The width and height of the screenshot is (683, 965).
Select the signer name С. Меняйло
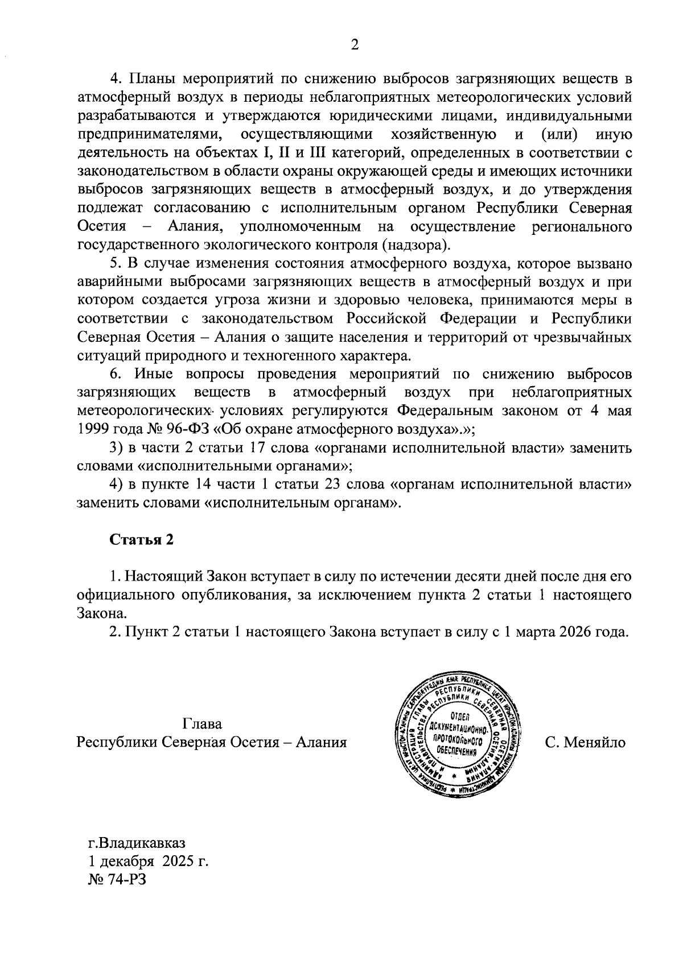pos(585,743)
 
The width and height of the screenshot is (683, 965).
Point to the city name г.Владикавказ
pos(137,842)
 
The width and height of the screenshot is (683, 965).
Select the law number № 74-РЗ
pos(117,879)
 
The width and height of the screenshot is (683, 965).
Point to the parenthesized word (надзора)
pos(415,245)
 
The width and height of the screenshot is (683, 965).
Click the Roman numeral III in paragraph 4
pos(316,153)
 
